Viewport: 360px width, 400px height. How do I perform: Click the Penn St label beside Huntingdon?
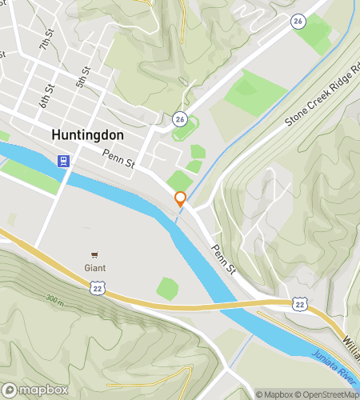118,161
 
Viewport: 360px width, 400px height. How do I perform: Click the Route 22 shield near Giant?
98,287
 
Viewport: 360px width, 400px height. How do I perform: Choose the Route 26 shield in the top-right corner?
298,21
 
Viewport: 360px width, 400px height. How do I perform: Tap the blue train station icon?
63,161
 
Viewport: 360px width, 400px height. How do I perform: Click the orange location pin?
181,198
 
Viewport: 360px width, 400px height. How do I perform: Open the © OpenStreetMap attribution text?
327,394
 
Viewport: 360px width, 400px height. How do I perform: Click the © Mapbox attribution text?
275,394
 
